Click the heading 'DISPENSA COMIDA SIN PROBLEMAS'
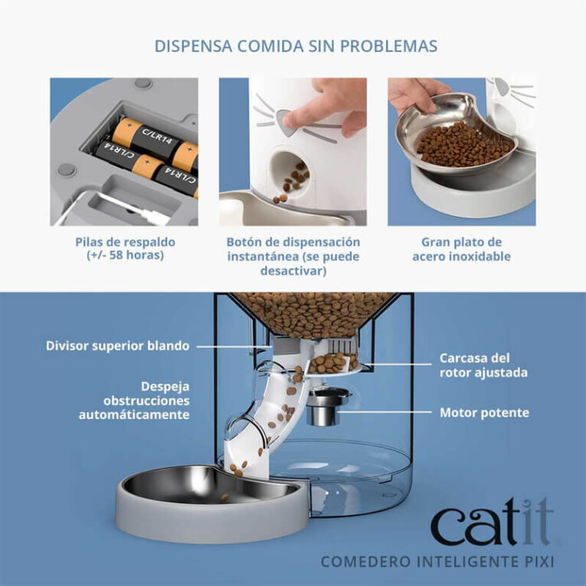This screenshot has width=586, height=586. click(296, 46)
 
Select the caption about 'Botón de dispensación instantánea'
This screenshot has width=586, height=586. click(293, 256)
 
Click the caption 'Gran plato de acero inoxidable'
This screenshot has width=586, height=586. click(461, 249)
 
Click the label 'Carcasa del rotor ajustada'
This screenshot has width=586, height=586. click(483, 365)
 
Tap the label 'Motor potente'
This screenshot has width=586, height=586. click(483, 413)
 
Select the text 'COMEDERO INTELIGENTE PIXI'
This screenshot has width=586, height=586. click(437, 561)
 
